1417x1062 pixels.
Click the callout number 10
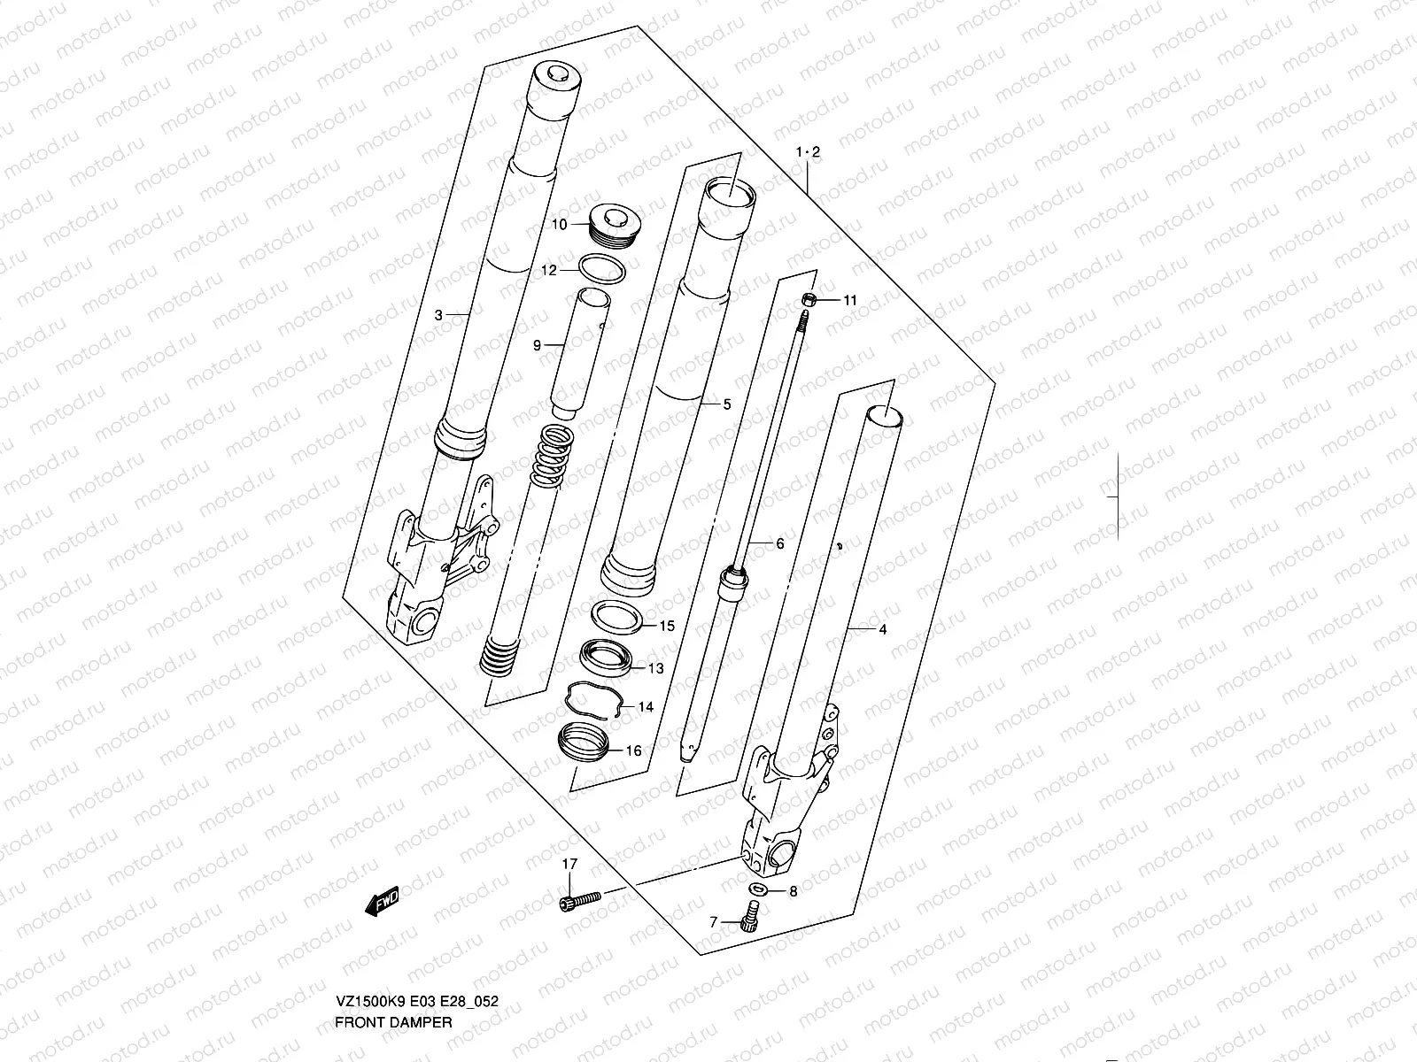pyautogui.click(x=559, y=225)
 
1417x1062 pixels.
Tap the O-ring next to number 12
pyautogui.click(x=604, y=270)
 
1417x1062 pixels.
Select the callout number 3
pyautogui.click(x=437, y=314)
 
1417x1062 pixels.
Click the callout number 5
pyautogui.click(x=727, y=404)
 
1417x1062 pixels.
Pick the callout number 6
pyautogui.click(x=780, y=544)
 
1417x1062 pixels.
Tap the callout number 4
pyautogui.click(x=882, y=630)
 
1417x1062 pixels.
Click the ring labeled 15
pyautogui.click(x=617, y=617)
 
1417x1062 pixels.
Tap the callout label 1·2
pyautogui.click(x=808, y=152)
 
